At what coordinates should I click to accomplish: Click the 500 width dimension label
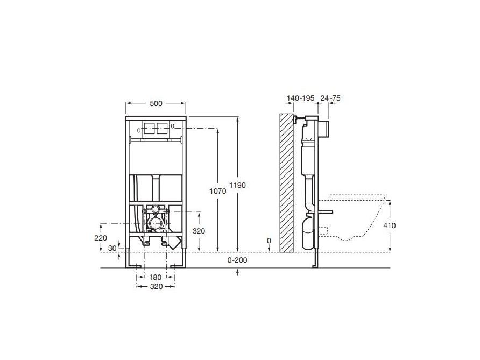pos(156,103)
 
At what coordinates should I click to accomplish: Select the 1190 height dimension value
pos(237,185)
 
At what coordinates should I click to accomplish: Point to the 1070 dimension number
pos(218,192)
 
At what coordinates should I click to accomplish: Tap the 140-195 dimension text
pos(300,98)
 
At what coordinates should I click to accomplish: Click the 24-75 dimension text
pos(330,98)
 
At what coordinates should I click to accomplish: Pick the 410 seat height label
pos(390,226)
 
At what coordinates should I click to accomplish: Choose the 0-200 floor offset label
pos(237,260)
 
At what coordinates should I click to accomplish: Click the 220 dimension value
pos(101,238)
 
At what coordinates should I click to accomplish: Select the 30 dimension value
pos(112,248)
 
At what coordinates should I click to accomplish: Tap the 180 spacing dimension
pos(155,277)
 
